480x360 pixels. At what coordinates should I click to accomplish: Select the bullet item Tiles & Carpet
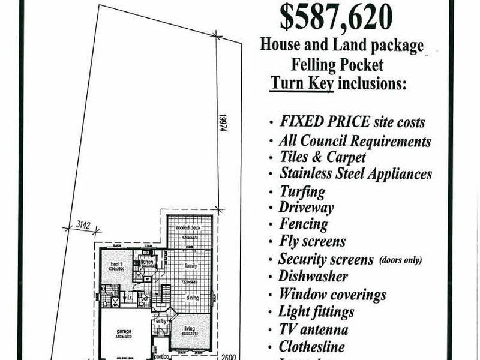(323, 157)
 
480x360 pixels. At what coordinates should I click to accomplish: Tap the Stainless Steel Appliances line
(355, 173)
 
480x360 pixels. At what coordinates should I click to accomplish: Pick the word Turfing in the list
(302, 191)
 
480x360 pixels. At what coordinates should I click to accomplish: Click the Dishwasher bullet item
(313, 277)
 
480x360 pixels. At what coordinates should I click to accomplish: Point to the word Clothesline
(311, 346)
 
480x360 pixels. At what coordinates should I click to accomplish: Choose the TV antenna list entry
(313, 329)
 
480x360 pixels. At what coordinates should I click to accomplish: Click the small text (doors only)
(400, 260)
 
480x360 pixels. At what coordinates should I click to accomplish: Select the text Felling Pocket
(337, 64)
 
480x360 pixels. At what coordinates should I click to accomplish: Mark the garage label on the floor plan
(124, 332)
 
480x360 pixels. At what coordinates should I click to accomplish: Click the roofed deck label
(188, 229)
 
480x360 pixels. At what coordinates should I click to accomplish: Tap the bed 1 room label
(116, 264)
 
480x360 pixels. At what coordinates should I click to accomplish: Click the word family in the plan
(191, 265)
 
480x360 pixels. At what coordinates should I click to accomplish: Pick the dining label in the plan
(192, 298)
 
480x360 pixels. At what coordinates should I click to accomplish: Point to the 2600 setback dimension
(229, 356)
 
